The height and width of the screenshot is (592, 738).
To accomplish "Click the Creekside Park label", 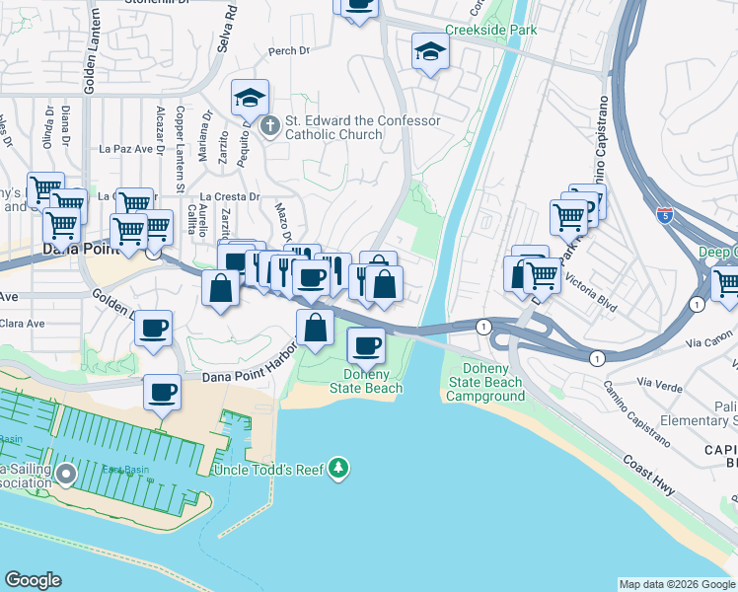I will coord(490,31).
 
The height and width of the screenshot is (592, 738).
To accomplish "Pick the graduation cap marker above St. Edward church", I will coord(251,98).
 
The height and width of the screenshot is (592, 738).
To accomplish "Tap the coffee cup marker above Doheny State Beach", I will coord(367,345).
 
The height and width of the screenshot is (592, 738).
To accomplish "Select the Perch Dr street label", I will coord(283,51).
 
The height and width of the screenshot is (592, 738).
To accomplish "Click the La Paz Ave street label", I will coord(122,150).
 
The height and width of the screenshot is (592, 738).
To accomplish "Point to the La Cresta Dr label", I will coord(229,196).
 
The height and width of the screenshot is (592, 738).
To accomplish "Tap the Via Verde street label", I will coord(660,382).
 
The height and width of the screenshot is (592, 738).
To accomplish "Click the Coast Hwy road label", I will coord(656,471).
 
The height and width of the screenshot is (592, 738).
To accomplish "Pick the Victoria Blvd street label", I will coord(592,293).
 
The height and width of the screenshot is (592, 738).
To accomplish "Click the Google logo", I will coord(33,580).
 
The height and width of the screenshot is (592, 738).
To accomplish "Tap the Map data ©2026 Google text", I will coord(676,584).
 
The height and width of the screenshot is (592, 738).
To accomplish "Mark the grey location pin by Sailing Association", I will coord(66,475).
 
